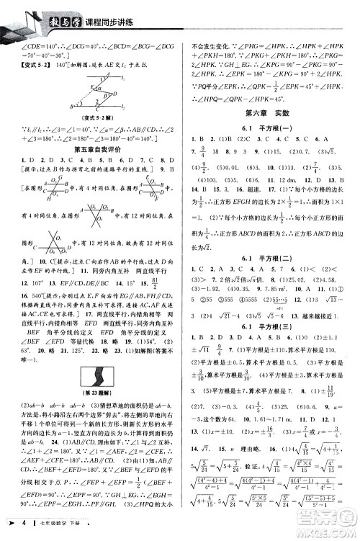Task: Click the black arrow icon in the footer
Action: pos(9,530)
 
